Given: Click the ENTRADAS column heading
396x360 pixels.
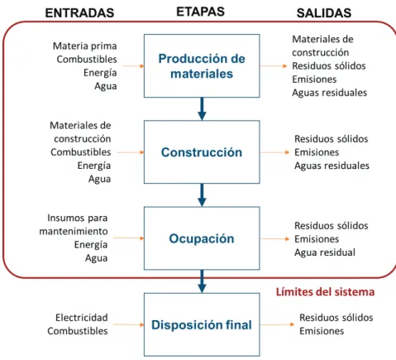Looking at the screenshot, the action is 79,13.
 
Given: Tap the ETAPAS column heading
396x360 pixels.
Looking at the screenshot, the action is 200,12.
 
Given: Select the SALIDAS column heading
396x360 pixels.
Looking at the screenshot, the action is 324,13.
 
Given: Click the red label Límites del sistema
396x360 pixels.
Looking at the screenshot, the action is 325,292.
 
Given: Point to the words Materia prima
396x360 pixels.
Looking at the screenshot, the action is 85,46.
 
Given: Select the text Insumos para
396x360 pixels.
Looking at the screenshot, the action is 78,218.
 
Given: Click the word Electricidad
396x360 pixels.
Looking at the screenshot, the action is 82,318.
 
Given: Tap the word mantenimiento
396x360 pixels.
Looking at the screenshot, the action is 74,232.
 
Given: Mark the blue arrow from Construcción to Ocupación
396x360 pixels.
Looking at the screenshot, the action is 202,195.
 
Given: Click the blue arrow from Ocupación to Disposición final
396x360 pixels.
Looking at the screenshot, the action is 202,281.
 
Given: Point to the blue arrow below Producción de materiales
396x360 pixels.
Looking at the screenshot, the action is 202,108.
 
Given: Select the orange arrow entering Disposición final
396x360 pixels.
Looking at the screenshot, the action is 128,324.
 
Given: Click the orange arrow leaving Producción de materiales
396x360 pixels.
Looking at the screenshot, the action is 274,66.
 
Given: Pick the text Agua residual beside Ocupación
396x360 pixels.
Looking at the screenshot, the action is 325,252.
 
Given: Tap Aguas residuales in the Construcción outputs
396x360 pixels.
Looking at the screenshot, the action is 332,166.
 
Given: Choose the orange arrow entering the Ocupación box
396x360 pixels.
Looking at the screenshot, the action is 129,238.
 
